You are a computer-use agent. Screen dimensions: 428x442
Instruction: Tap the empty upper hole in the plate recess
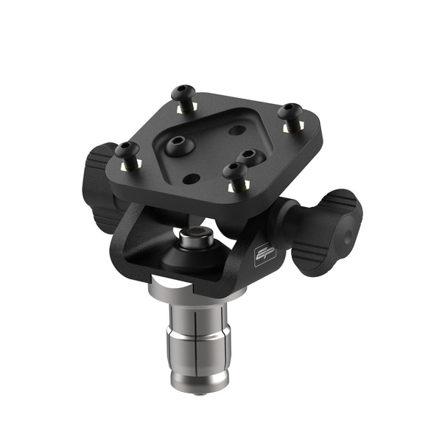[x=236, y=130]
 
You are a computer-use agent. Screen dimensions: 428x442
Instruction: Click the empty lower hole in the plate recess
[x=190, y=177]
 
